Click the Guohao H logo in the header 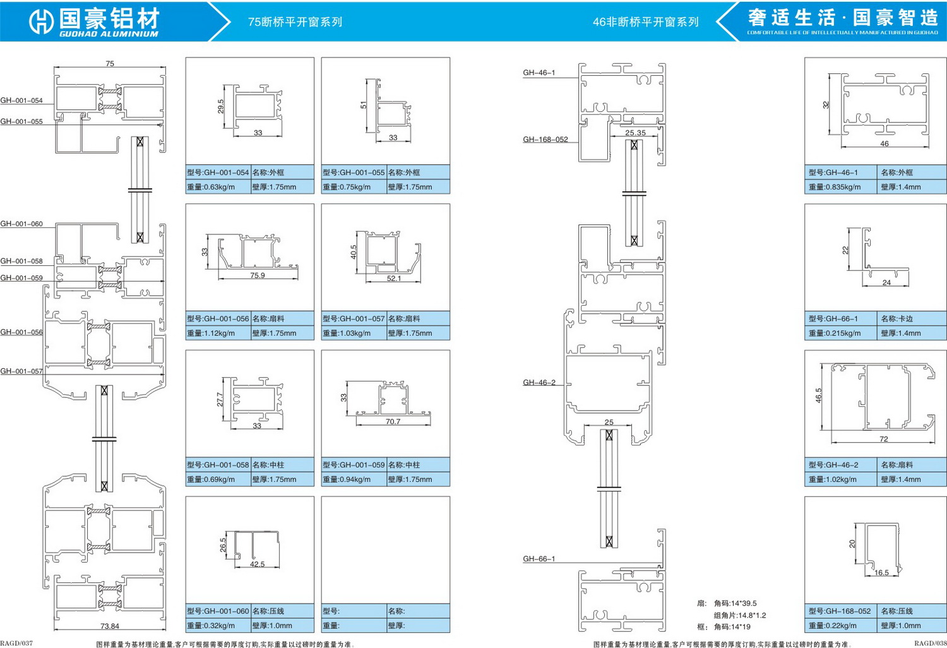pyautogui.click(x=41, y=21)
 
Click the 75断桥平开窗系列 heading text pyautogui.click(x=295, y=22)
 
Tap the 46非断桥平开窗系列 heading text pyautogui.click(x=645, y=22)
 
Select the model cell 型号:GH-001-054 pyautogui.click(x=218, y=172)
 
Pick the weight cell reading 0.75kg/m pyautogui.click(x=354, y=187)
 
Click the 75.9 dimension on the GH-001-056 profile pyautogui.click(x=257, y=275)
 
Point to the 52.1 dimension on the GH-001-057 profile pyautogui.click(x=393, y=279)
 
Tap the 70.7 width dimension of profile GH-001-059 pyautogui.click(x=393, y=421)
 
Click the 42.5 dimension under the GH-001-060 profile pyautogui.click(x=257, y=564)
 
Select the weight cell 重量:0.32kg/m pyautogui.click(x=218, y=626)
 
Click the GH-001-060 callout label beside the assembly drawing pyautogui.click(x=21, y=224)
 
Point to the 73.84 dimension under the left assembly pyautogui.click(x=109, y=626)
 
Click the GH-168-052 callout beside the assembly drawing pyautogui.click(x=545, y=140)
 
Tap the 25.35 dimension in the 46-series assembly pyautogui.click(x=635, y=133)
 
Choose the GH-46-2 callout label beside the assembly pyautogui.click(x=539, y=382)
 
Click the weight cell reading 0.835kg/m pyautogui.click(x=840, y=187)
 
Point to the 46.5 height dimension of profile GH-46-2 pyautogui.click(x=818, y=395)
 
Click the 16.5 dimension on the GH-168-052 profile pyautogui.click(x=881, y=573)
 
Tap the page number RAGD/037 pyautogui.click(x=16, y=644)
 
